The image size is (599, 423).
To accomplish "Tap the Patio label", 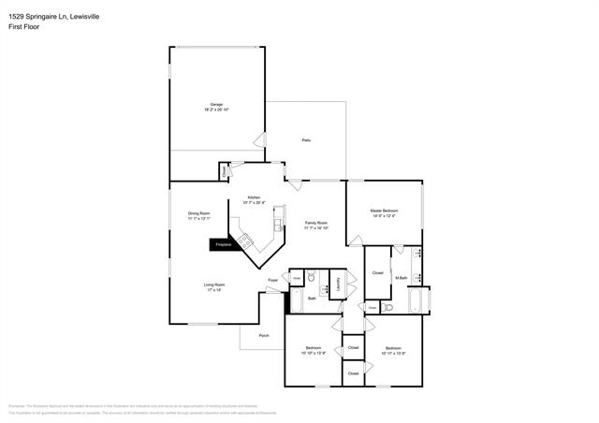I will point(306,140).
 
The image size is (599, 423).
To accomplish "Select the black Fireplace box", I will point(224,244).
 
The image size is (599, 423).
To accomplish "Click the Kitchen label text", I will point(254,197).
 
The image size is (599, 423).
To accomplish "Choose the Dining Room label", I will point(199,213).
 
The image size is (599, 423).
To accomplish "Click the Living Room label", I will point(215,284).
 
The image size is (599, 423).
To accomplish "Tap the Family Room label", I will point(315,223).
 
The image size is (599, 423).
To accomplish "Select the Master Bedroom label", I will point(384,211).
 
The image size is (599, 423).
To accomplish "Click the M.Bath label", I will point(401,277).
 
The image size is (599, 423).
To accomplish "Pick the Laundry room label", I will point(338,284).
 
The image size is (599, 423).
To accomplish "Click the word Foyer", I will point(273,280).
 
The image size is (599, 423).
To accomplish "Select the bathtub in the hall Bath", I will point(296,301).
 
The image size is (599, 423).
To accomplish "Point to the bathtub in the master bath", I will point(416,301).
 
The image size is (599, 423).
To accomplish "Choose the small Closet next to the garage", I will point(225,171).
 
